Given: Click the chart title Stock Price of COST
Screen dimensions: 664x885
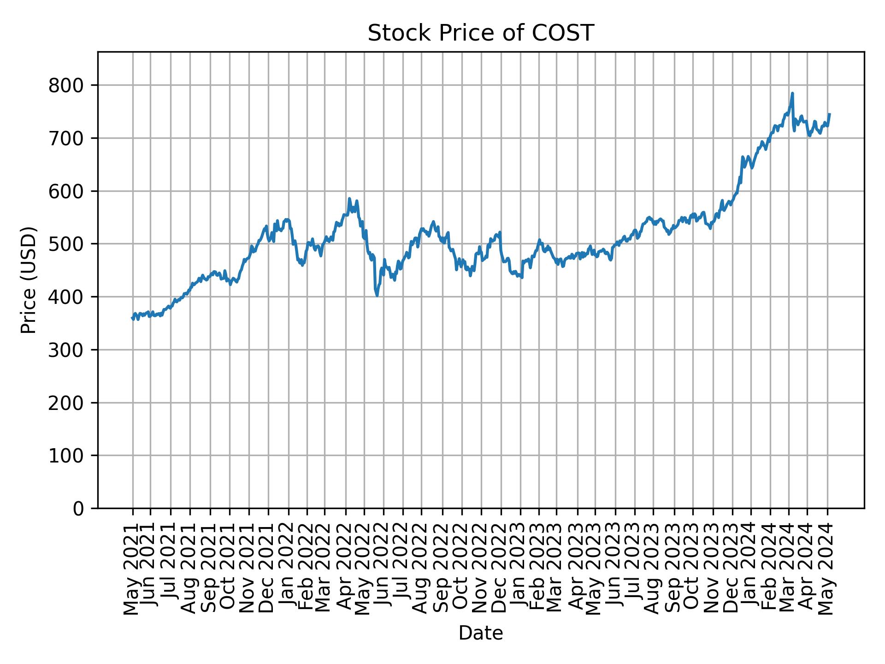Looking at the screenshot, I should pos(480,33).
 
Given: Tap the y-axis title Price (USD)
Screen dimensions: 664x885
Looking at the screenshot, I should pos(29,280).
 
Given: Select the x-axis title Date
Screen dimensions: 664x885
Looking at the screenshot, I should pos(480,634).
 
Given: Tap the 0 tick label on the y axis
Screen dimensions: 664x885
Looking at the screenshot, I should pos(78,509).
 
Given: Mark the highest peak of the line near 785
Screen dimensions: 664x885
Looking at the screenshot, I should pos(792,94).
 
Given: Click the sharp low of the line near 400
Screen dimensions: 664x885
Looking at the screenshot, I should pos(377,295).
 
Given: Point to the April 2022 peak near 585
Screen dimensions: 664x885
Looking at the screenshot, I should pos(349,199).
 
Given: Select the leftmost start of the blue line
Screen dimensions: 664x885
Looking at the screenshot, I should pos(132,318).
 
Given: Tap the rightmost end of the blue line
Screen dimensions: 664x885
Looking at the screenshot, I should pos(830,114).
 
